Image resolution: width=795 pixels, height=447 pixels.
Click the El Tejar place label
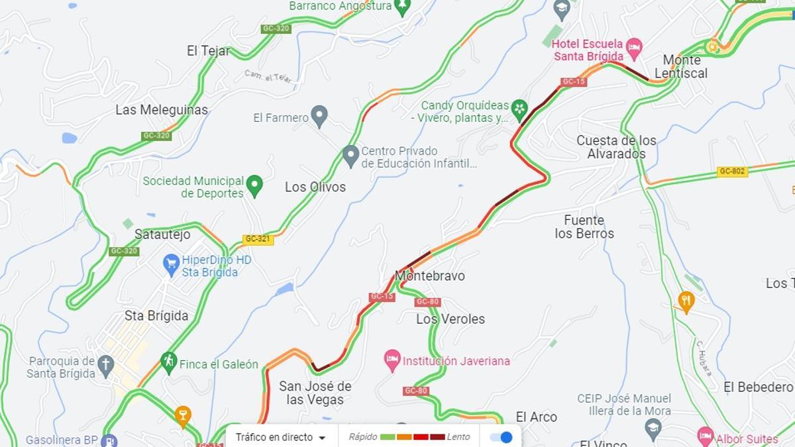pos(209,51)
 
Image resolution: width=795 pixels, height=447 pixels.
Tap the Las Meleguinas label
pos(162,110)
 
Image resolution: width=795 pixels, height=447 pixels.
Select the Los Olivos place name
pos(315,187)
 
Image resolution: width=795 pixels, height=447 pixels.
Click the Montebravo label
pos(430,275)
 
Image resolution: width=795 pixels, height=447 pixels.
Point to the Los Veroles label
pos(450,319)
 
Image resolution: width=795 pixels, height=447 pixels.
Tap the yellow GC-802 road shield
pos(732,172)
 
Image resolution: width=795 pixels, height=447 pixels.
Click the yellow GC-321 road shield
pos(258,239)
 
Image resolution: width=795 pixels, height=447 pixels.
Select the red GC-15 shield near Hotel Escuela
pos(574,82)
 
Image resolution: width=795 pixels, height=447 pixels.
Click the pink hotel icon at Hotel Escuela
pos(634,46)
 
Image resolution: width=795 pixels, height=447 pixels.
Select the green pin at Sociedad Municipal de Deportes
pos(254,185)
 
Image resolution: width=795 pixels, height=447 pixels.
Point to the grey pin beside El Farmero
pos(319,117)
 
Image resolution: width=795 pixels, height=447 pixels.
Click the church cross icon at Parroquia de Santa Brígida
pos(105,365)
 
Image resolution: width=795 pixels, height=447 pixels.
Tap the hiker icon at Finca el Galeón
pos(169,362)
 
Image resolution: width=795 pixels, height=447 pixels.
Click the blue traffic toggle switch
pos(502,437)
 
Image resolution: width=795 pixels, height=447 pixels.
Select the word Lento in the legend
pos(458,437)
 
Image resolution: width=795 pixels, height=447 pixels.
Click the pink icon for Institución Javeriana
pos(392,361)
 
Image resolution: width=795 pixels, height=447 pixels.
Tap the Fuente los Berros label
pos(584,226)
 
